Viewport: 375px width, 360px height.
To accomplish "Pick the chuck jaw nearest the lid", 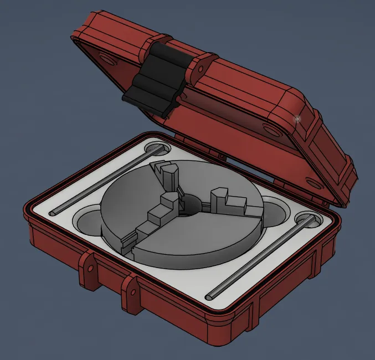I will point(169,176).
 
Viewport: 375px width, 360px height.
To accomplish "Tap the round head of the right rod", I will point(307,221).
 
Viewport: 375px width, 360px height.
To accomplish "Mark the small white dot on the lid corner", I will point(297,118).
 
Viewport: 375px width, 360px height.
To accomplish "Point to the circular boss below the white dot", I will point(271,131).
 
